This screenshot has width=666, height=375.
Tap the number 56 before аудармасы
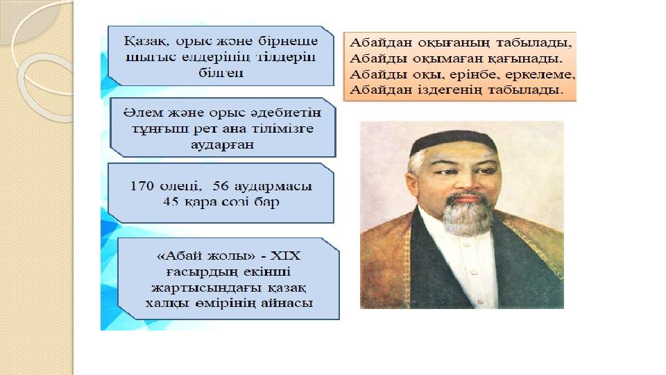tap(221, 186)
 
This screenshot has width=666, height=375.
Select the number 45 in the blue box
tap(171, 201)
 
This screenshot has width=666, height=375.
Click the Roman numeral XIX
tap(285, 256)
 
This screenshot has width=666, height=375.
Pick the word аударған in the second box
tap(222, 144)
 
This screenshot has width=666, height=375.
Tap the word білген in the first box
tap(221, 73)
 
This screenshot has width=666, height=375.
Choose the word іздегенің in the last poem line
tap(446, 90)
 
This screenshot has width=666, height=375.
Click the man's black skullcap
tap(453, 142)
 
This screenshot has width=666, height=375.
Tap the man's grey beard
tap(467, 214)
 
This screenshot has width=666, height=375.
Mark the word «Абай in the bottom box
tap(179, 256)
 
